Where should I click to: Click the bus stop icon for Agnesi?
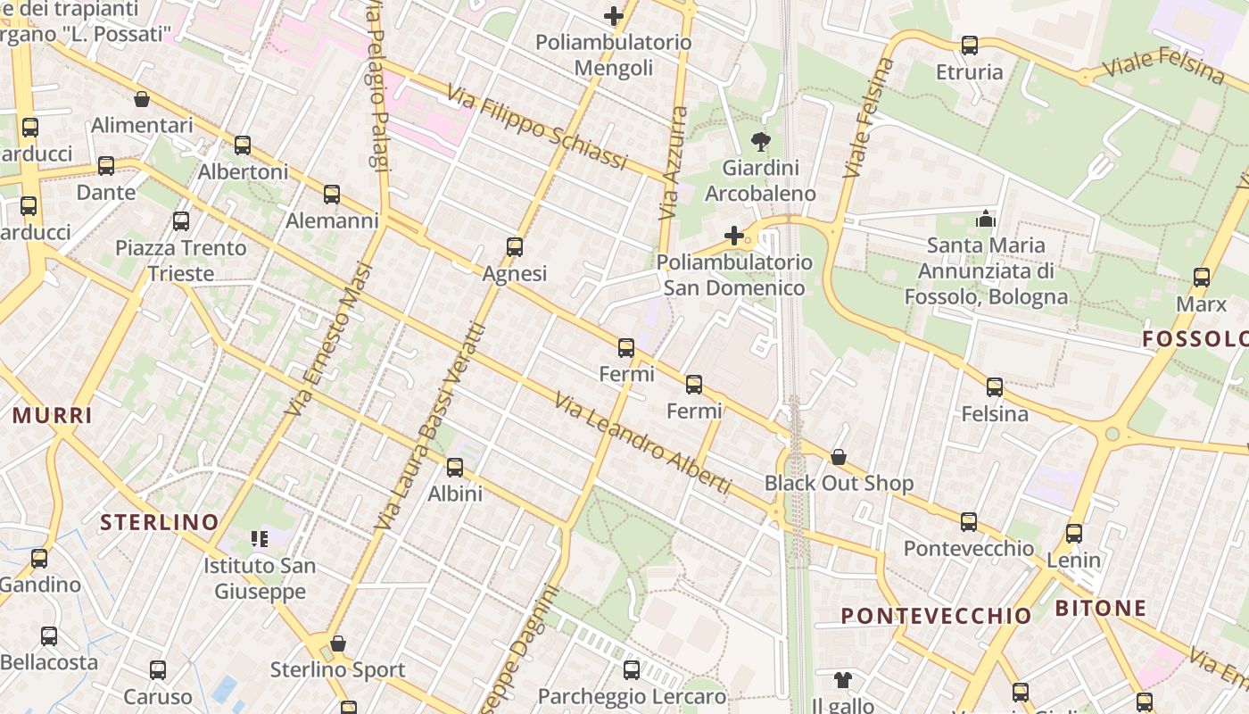pos(515,247)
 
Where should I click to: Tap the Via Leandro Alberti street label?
pos(642,443)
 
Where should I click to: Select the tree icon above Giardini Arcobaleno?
pos(761,141)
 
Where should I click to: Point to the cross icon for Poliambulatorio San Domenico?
pos(734,236)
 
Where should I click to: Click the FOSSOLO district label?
pos(1195,339)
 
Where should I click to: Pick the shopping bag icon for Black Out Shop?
pos(839,457)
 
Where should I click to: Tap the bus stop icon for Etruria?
pos(970,46)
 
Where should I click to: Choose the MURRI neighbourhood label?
pos(53,415)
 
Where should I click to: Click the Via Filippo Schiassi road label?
pos(538,129)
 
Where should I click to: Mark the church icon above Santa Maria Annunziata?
pos(985,218)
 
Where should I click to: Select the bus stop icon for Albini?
pos(455,467)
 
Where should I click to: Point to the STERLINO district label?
pos(159,522)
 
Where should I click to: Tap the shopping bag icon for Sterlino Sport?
pos(338,643)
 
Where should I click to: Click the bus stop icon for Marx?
pos(1202,278)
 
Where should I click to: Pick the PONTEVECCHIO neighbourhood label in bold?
pos(936,616)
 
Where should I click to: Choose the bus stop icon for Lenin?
pos(1074,534)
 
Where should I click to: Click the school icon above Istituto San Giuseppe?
pos(260,538)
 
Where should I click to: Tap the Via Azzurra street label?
pos(674,164)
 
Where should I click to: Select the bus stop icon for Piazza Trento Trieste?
pos(181,221)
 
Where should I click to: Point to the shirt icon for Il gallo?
pos(843,680)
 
